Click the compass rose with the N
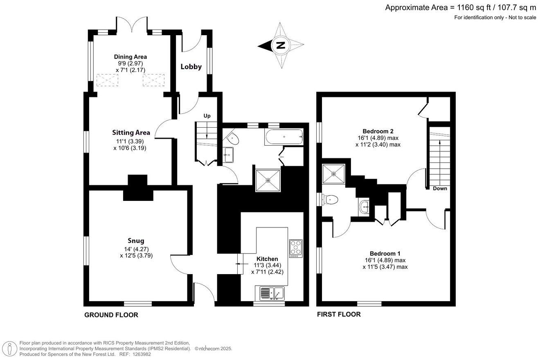(x=281, y=45)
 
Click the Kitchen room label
(x=267, y=259)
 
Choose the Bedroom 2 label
(x=378, y=131)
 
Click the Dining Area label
(x=130, y=57)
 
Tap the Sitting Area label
(x=131, y=133)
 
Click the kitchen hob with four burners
(x=296, y=248)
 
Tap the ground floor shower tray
(x=268, y=180)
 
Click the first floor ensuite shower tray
(x=334, y=174)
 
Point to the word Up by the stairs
(x=207, y=116)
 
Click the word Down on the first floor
(x=440, y=189)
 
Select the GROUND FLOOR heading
(x=111, y=315)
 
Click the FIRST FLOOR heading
(x=339, y=314)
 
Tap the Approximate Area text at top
(x=460, y=7)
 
